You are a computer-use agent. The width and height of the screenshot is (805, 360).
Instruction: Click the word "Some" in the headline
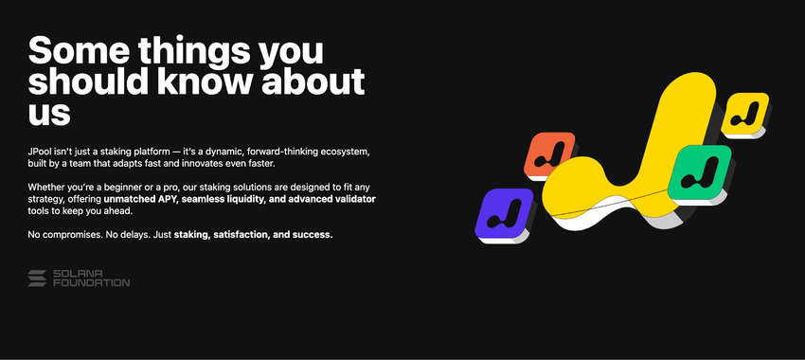(x=78, y=50)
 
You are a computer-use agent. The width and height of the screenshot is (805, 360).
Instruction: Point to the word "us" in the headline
(x=48, y=113)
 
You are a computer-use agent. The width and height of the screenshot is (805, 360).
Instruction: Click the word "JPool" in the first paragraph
(x=40, y=153)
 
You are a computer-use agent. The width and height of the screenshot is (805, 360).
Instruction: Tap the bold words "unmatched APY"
(x=138, y=199)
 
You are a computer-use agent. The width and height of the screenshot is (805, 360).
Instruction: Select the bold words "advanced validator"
(x=332, y=199)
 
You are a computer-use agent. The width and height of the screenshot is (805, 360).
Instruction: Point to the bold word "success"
(x=313, y=235)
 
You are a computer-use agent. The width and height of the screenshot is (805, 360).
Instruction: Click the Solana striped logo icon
(x=37, y=279)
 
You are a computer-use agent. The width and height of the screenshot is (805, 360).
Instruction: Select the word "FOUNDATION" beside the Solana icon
(x=91, y=282)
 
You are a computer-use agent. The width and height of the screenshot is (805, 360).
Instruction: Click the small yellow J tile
(x=745, y=115)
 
